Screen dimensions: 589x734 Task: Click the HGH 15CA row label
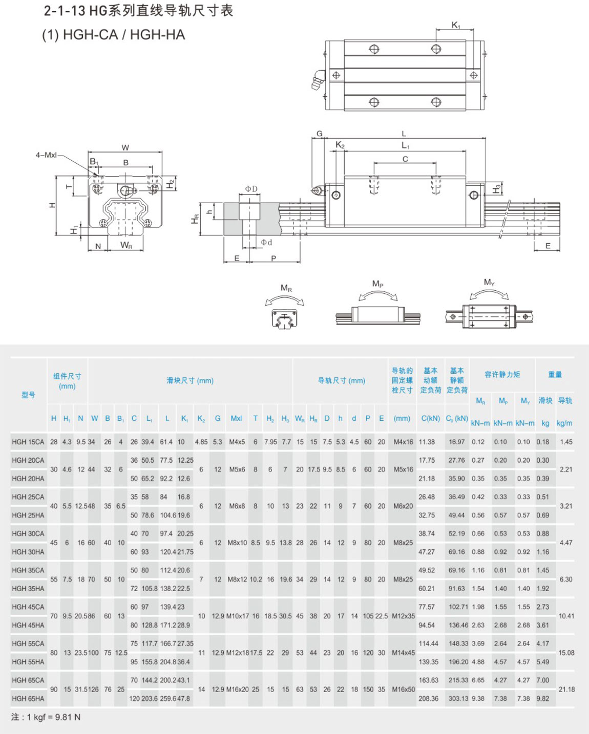[x=28, y=442]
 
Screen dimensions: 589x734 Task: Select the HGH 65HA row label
[x=28, y=699]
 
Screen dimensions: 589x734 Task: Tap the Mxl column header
[x=236, y=419]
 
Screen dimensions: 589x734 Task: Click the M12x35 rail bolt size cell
[x=404, y=616]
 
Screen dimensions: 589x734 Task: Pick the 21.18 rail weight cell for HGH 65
[x=566, y=689]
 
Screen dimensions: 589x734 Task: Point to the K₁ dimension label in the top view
[x=456, y=25]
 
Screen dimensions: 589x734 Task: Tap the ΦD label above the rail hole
[x=251, y=189]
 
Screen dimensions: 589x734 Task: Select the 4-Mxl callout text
[x=47, y=155]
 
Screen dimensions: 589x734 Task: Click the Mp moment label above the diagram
[x=378, y=284]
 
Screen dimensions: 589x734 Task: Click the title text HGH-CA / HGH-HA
[x=124, y=35]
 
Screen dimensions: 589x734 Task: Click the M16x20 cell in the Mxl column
[x=238, y=689]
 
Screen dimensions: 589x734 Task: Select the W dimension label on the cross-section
[x=125, y=148]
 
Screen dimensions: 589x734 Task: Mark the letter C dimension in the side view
[x=405, y=159]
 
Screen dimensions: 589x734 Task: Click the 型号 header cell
[x=28, y=395]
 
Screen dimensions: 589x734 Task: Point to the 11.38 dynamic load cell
[x=427, y=442]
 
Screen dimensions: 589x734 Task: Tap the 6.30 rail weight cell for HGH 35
[x=566, y=579]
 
